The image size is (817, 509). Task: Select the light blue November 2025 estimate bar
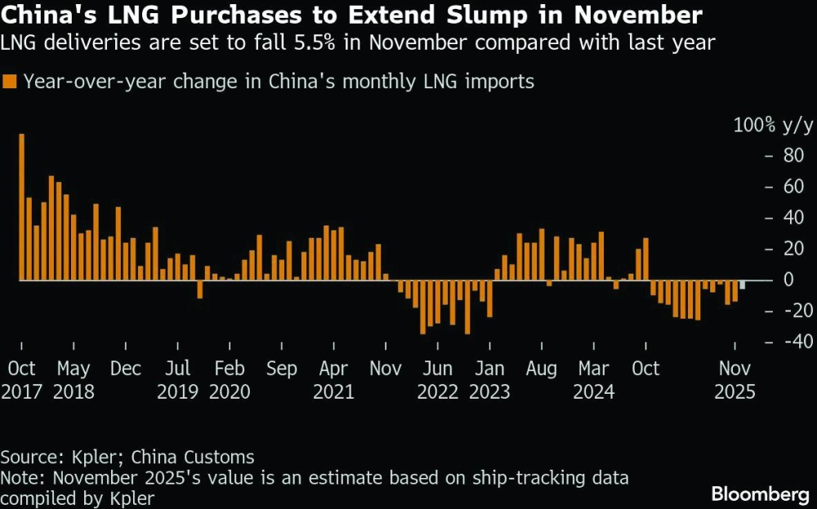click(742, 285)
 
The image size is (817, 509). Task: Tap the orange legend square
click(10, 81)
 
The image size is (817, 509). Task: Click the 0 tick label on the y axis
click(789, 279)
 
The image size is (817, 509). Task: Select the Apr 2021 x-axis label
click(333, 380)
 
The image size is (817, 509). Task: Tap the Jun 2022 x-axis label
click(438, 380)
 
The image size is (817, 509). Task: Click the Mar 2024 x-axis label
click(594, 380)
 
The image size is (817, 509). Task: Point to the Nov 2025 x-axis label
click(734, 380)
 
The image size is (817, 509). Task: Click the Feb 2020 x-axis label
click(230, 380)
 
